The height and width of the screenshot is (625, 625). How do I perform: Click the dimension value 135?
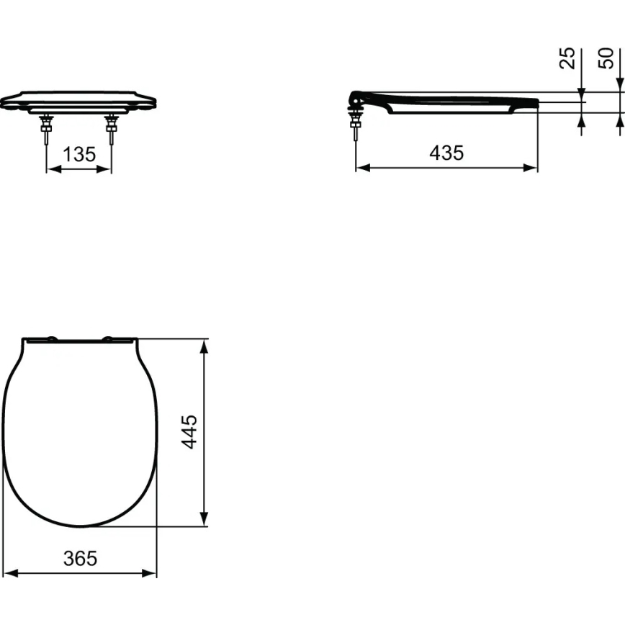click(80, 155)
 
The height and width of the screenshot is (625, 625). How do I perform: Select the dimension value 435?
click(446, 153)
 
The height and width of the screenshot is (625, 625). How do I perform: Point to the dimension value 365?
click(81, 558)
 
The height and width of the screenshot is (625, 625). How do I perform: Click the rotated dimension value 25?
click(567, 58)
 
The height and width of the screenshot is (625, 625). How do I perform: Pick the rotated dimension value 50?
click(606, 58)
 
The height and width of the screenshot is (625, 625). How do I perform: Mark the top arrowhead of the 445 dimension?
click(205, 345)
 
